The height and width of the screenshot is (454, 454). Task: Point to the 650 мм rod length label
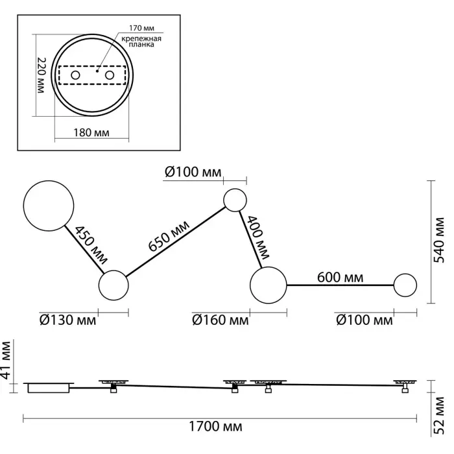click(x=171, y=237)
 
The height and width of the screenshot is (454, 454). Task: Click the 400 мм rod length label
click(x=257, y=234)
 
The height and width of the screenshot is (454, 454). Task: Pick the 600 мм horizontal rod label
click(x=340, y=278)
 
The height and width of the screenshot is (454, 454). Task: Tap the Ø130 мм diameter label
click(x=67, y=320)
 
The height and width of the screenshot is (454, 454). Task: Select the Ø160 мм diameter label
click(x=220, y=320)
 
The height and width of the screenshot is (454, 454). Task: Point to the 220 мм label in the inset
click(x=40, y=75)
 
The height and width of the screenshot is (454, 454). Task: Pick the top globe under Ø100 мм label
click(x=234, y=199)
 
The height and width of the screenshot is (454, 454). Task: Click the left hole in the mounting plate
click(x=76, y=77)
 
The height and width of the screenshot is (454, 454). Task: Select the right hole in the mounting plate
click(x=110, y=77)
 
